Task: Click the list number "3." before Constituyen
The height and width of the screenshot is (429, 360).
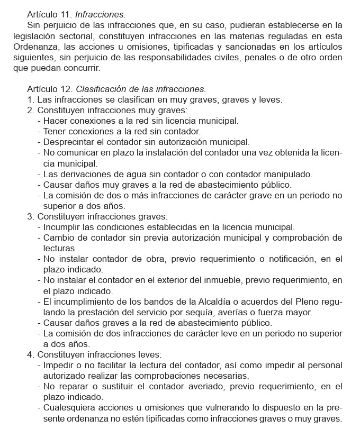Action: [x=30, y=216]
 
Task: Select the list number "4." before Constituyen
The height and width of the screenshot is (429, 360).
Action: [x=30, y=354]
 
